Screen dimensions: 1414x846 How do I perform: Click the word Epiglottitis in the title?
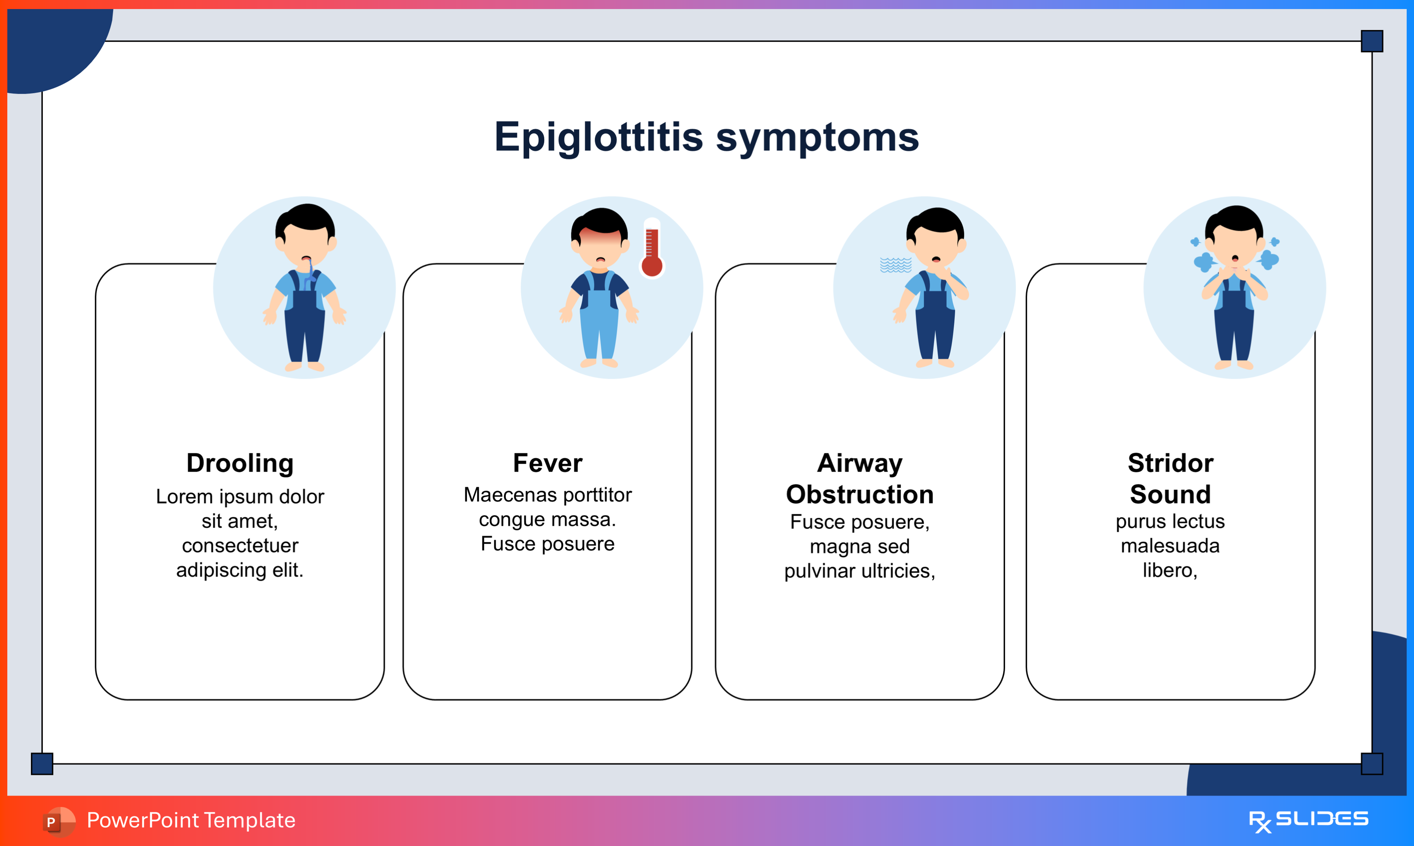tap(599, 138)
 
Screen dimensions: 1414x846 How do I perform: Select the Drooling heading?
tap(240, 463)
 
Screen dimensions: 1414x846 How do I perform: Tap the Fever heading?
tap(547, 463)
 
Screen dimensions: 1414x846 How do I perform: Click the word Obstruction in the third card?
tap(860, 494)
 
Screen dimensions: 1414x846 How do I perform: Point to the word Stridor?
tap(1170, 463)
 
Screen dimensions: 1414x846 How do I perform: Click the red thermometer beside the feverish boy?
tap(652, 249)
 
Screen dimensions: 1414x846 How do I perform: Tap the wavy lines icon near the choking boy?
tap(896, 265)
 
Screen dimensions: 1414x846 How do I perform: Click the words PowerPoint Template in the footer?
tap(191, 820)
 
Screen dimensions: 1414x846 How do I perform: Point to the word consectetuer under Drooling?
tap(240, 545)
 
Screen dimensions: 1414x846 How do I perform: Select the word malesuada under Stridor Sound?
tap(1170, 545)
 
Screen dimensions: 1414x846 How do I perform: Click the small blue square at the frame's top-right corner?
tap(1372, 41)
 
